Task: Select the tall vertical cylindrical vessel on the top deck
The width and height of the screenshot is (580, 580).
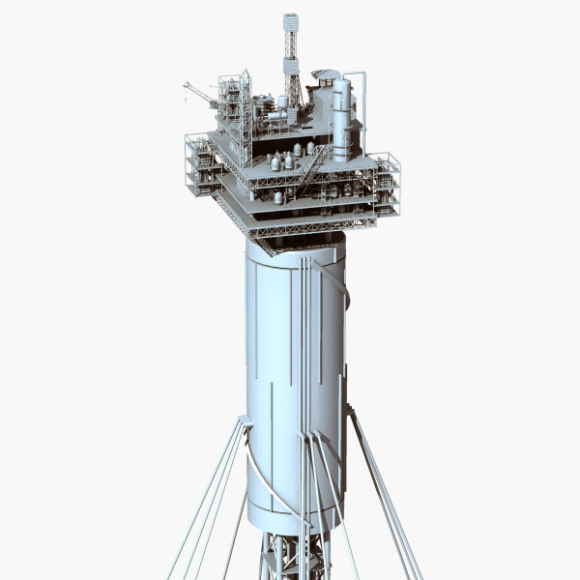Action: pos(341,116)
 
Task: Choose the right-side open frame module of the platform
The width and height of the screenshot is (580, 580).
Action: pos(387,184)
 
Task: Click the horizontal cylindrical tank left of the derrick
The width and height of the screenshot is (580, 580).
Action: pos(275,117)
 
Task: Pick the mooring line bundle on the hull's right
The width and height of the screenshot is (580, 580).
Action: pos(382,493)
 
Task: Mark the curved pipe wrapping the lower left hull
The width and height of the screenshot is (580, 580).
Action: pos(266,474)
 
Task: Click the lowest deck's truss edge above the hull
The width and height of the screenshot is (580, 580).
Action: pos(290,228)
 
